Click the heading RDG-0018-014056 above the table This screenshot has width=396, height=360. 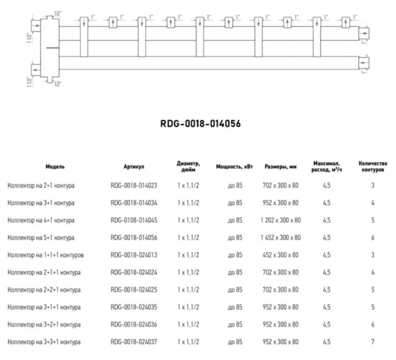197,123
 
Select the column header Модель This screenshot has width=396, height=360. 55,167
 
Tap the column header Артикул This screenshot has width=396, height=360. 134,167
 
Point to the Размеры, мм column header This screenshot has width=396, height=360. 281,167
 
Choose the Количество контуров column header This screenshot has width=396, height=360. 373,167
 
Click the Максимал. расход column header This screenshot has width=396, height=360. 327,167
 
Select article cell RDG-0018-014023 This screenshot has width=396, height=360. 134,185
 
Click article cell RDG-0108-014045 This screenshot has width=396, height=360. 134,220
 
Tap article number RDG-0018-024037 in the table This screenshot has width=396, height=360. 134,342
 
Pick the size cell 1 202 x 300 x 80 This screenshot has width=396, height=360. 281,220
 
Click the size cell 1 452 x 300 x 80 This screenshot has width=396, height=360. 281,237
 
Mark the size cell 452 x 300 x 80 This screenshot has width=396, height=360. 281,255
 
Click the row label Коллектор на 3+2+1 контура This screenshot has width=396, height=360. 44,324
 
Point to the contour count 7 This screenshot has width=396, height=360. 373,342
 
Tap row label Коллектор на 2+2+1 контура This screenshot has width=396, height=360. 44,289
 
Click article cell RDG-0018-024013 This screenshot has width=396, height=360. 134,255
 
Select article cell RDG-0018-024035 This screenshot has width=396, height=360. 134,307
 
